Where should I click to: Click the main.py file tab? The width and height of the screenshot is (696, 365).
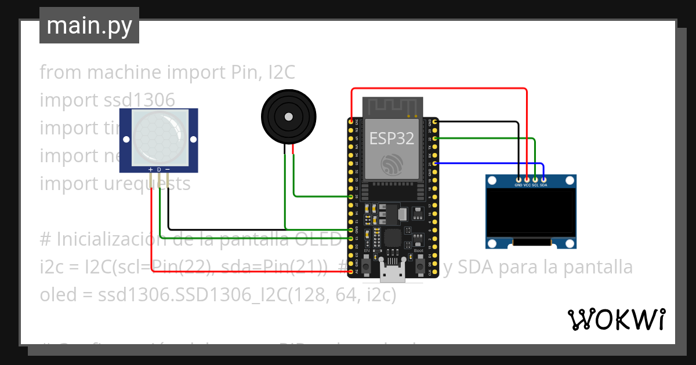tap(89, 26)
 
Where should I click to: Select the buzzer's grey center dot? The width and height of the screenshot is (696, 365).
tap(288, 116)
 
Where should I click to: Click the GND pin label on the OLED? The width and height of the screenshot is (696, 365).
tap(519, 185)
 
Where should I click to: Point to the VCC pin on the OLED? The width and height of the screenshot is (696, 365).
tap(527, 181)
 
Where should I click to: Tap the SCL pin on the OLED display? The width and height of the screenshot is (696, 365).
tap(535, 181)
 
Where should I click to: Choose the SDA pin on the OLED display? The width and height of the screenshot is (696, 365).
tap(543, 181)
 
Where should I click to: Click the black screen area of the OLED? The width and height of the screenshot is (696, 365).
tap(531, 214)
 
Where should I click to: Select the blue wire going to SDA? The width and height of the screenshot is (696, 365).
tap(493, 163)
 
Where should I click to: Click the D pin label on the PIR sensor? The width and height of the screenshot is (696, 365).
tap(159, 170)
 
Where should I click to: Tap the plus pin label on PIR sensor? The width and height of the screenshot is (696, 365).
tap(151, 170)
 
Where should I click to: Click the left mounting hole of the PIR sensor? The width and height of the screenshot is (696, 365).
tap(126, 139)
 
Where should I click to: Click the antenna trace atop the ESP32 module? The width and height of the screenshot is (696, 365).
tap(393, 106)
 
